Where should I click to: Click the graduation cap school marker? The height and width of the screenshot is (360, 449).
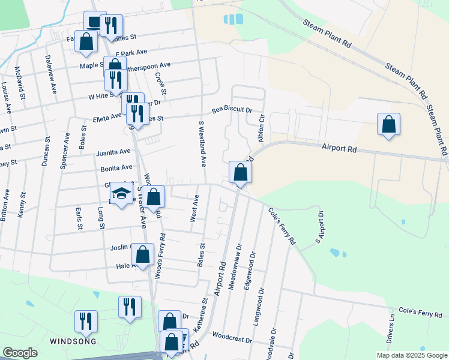[122, 194]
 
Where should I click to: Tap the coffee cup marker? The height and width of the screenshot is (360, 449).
[94, 22]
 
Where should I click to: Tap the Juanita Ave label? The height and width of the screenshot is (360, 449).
[113, 152]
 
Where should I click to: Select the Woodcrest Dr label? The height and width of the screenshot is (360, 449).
[232, 339]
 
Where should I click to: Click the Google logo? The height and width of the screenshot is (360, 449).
[20, 353]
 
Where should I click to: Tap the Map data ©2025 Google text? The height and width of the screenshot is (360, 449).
[411, 355]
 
